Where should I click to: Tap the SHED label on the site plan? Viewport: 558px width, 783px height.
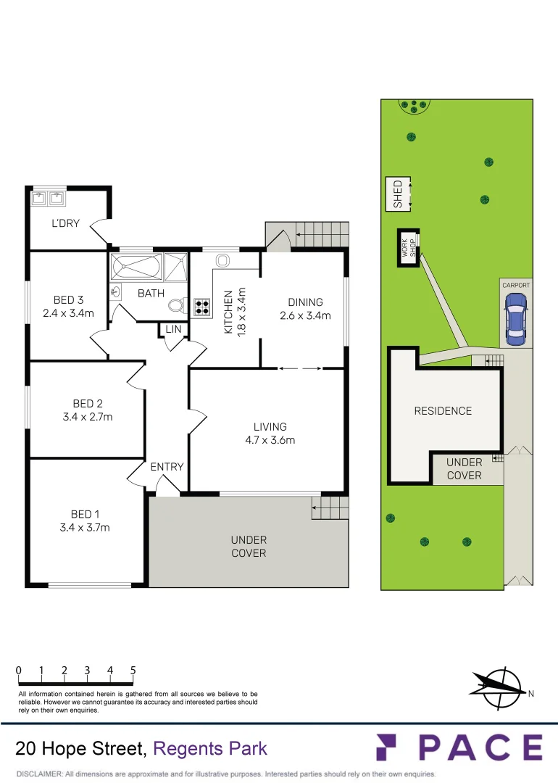point(397,194)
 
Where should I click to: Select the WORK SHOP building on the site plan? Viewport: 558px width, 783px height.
point(407,249)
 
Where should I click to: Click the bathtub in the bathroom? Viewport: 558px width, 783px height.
point(136,266)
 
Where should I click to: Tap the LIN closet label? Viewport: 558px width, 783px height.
point(173,329)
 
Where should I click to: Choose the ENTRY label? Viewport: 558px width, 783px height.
point(167,467)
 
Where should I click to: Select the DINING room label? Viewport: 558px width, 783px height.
point(305,302)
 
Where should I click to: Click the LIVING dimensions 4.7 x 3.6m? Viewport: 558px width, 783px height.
point(270,440)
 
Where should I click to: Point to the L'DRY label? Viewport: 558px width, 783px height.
point(65,223)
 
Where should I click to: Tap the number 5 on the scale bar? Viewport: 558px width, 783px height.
point(133,671)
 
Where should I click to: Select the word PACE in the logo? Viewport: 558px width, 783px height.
point(480,747)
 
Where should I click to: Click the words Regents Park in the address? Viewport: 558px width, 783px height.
point(211,749)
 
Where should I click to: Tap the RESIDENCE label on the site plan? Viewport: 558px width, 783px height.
point(443,411)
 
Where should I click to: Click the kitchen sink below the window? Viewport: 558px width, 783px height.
point(222,260)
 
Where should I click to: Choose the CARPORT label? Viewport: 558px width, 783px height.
point(516,286)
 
